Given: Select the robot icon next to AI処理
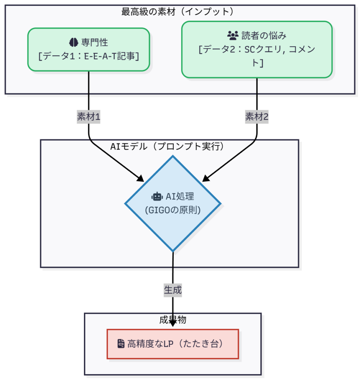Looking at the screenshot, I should [x=157, y=197].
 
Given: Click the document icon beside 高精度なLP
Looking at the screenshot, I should [x=121, y=344].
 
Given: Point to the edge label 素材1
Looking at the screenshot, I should [x=89, y=117].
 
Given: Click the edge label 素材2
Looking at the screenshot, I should [x=257, y=117].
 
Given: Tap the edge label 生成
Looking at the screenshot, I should [x=173, y=290].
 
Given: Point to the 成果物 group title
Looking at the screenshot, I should [x=173, y=320].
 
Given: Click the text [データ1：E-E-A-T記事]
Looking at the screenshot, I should [x=89, y=56].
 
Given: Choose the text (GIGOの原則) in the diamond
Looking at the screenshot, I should [x=173, y=210].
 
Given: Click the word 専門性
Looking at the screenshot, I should [x=95, y=42].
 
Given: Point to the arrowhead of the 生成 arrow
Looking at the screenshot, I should [x=173, y=324].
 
